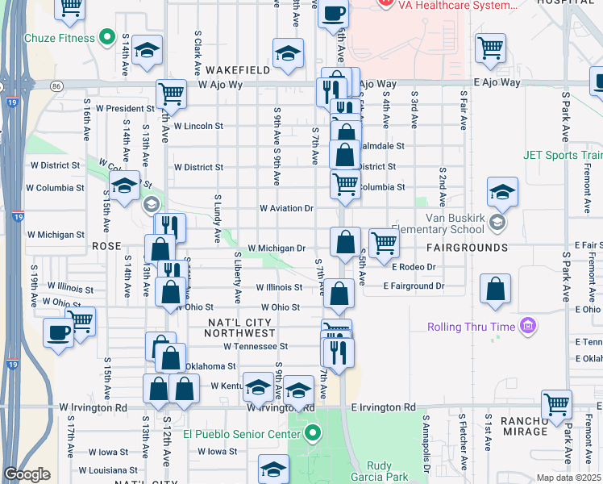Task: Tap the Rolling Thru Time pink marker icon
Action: click(x=528, y=327)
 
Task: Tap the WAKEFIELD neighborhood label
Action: click(x=237, y=70)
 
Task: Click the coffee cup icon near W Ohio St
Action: click(x=59, y=332)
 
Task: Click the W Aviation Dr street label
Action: click(x=286, y=208)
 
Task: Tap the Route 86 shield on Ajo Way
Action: click(x=56, y=85)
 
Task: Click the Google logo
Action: click(x=27, y=474)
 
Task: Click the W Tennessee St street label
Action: click(x=256, y=346)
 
